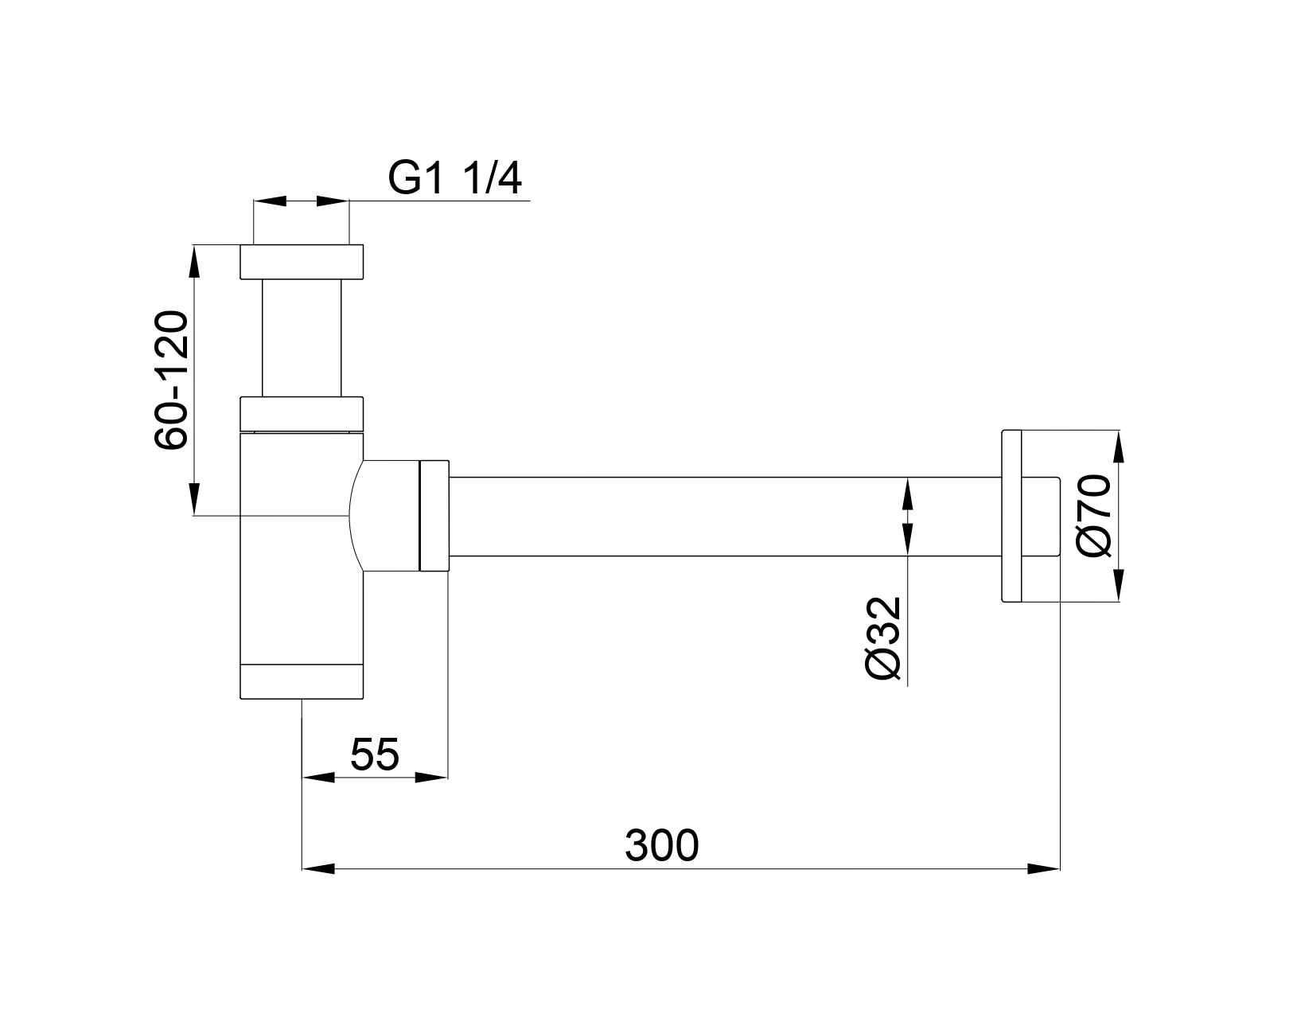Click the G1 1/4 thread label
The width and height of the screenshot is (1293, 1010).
point(454,177)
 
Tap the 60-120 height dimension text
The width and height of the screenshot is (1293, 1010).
point(171,379)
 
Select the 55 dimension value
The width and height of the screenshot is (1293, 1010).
point(374,754)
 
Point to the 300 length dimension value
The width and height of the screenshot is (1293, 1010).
point(662,845)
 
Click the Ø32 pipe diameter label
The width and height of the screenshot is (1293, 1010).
point(882,638)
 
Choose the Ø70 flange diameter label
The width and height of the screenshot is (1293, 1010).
point(1093,516)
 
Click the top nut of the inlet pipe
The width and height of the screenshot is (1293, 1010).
point(302,262)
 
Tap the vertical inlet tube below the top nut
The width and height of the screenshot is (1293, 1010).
point(302,337)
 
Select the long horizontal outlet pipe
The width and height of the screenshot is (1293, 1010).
point(726,517)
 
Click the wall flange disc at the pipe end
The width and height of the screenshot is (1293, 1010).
point(1011,516)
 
